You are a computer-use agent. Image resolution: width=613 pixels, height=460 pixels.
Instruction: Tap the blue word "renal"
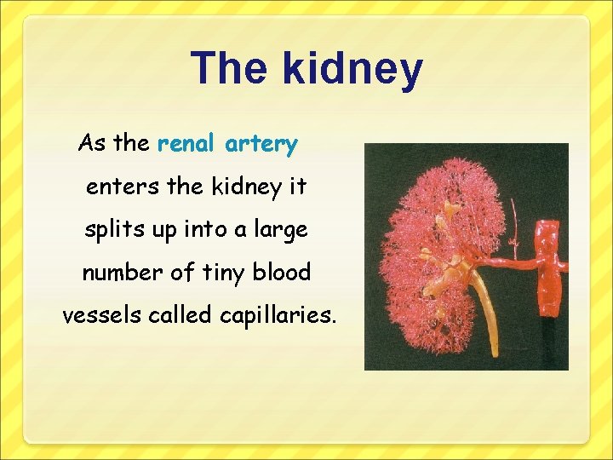pyautogui.click(x=187, y=144)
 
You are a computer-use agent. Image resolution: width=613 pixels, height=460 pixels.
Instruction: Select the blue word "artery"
pyautogui.click(x=261, y=145)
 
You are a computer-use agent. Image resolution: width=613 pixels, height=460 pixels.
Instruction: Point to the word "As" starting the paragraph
pyautogui.click(x=92, y=143)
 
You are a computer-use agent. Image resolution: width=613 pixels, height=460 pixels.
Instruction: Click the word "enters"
pyautogui.click(x=117, y=187)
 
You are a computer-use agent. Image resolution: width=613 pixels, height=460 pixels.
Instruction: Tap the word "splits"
pyautogui.click(x=110, y=230)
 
